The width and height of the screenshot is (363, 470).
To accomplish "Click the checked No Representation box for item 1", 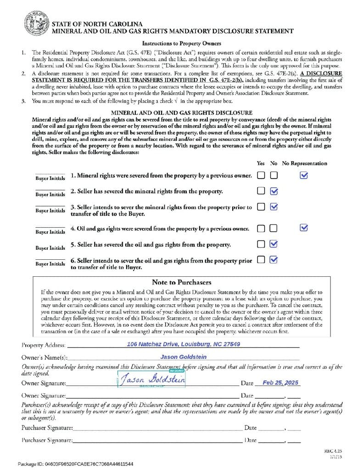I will pos(303,175).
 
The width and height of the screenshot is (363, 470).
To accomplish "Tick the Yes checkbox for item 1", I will pos(261,175).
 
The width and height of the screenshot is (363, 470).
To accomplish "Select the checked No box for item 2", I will pos(274,191).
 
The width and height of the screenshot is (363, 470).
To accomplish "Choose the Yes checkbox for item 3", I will pos(261,207).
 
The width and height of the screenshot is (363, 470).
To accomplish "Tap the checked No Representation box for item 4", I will pos(303,228).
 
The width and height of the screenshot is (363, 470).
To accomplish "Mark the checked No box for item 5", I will pos(274,244).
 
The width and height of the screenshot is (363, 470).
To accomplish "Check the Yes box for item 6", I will pos(261,260).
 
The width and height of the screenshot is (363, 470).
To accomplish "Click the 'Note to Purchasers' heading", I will pos(181,282).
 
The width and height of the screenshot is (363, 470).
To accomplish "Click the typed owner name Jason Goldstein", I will pos(183,357).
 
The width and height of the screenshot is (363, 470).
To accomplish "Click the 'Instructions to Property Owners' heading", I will pos(181,44).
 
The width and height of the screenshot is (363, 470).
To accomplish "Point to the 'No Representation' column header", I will pos(304,163).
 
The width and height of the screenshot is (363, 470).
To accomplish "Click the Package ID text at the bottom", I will pos(76,464).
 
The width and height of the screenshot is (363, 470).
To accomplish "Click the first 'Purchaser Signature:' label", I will pos(47,428).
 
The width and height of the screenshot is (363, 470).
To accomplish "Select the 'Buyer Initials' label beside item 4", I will pos(50,232).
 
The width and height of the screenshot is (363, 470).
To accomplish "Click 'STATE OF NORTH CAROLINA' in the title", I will pos(97,24).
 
